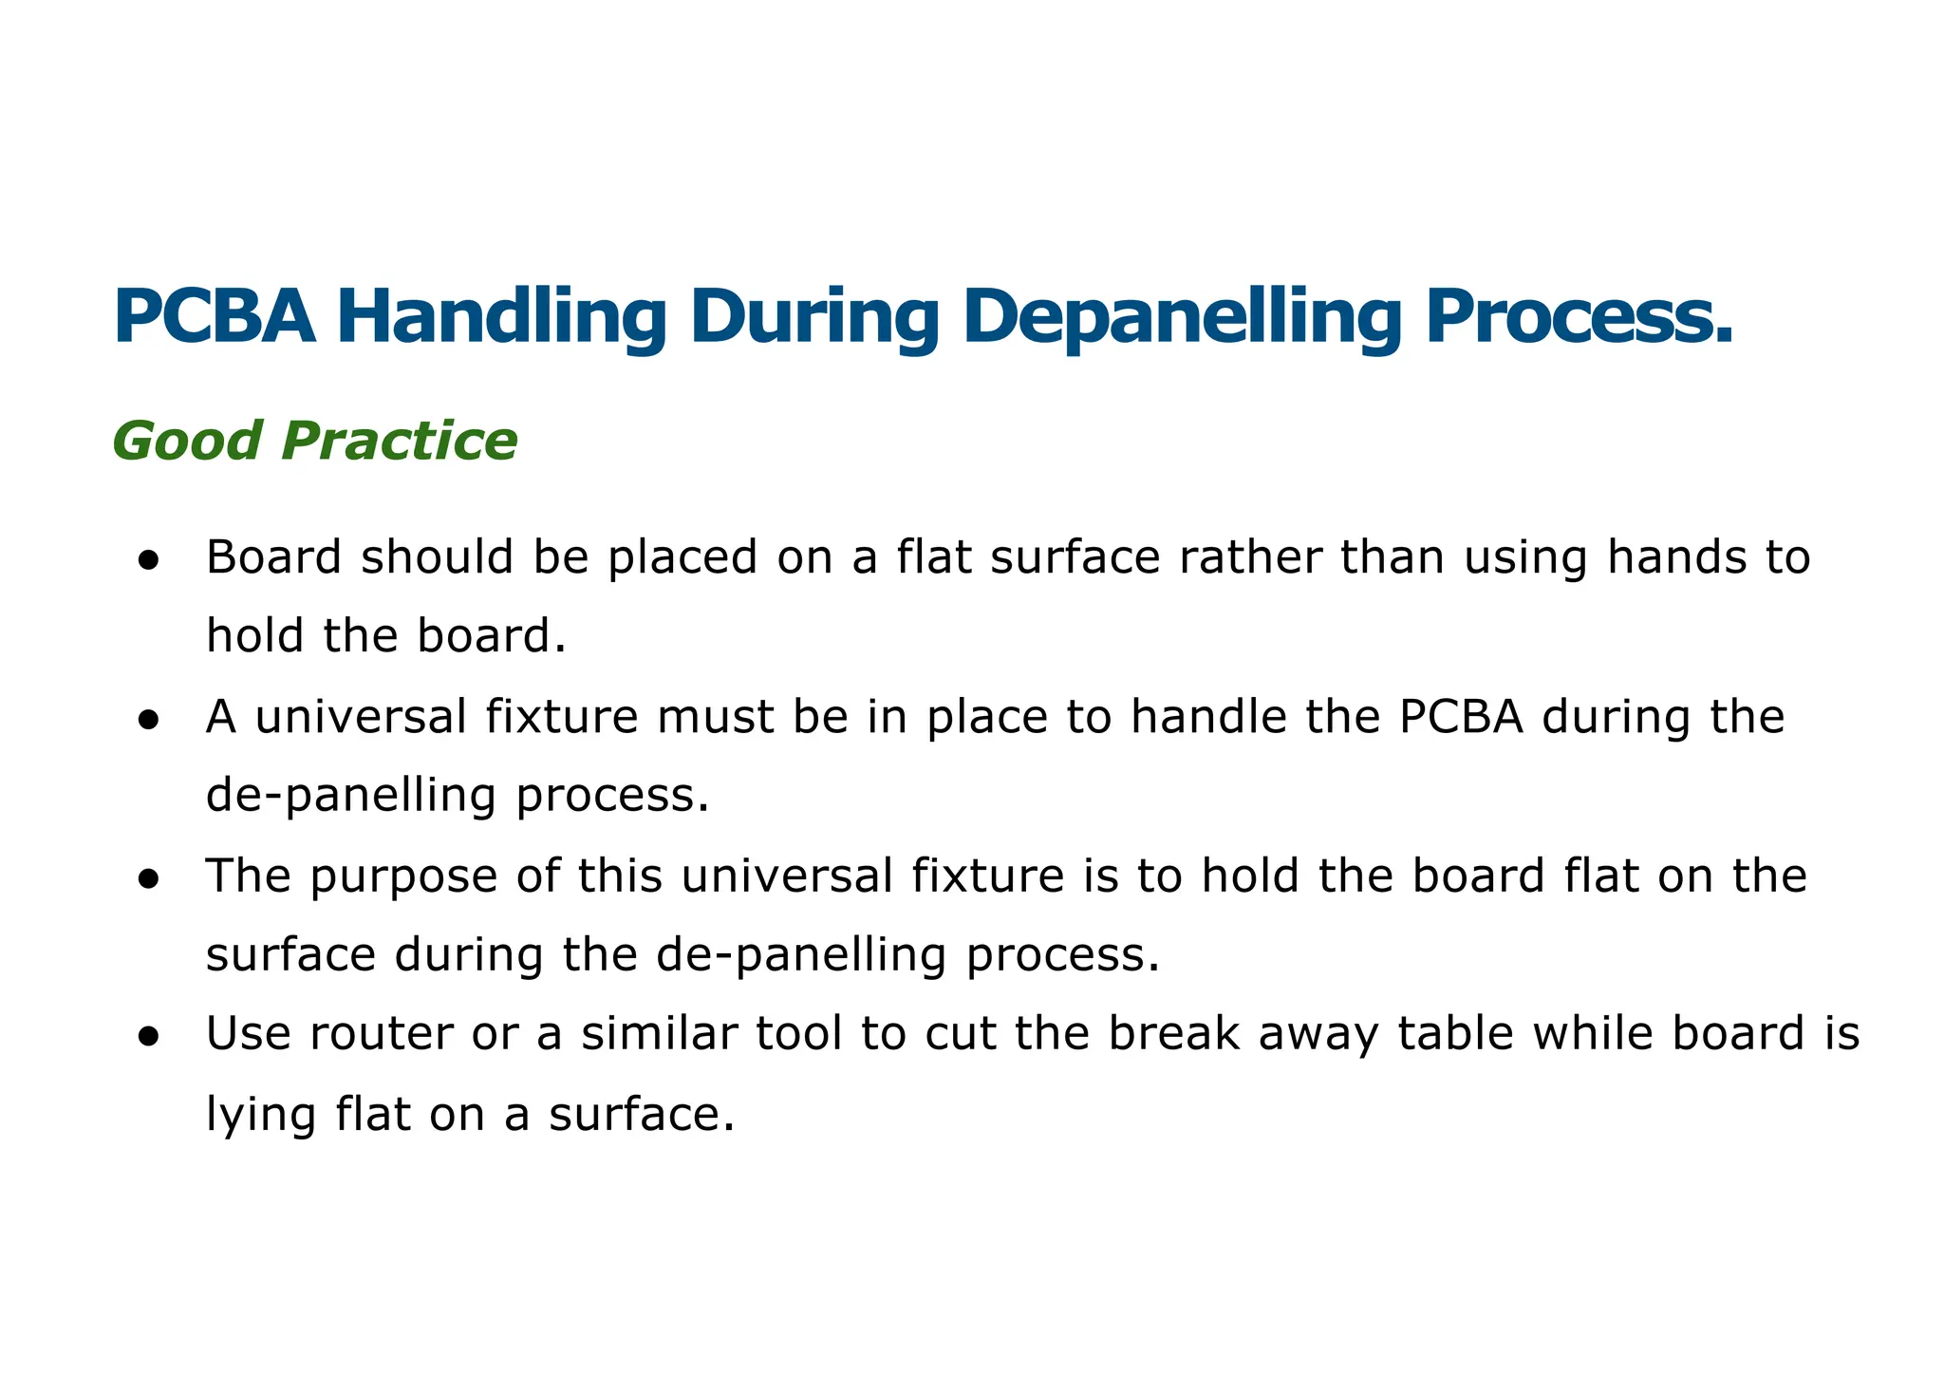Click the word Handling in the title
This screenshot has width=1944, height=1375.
tap(501, 318)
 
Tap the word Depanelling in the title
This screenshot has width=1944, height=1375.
tap(1181, 318)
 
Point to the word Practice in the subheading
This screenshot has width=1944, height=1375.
tap(399, 442)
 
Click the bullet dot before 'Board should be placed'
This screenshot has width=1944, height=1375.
tap(147, 560)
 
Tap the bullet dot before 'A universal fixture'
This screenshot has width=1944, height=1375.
tap(147, 720)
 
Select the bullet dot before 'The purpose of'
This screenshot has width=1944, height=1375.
tap(147, 879)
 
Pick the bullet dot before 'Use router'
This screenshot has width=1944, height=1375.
tap(147, 1038)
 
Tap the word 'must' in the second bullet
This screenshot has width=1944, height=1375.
tap(717, 717)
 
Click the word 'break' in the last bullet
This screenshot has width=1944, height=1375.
tap(1174, 1035)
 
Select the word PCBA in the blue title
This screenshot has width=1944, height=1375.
tap(215, 318)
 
